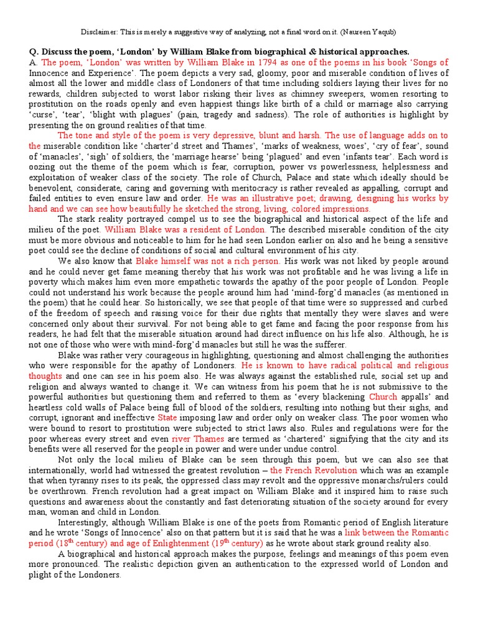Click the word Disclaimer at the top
click(100, 32)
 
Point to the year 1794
click(240, 62)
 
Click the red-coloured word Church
click(382, 397)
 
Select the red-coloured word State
click(167, 417)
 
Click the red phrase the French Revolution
click(313, 470)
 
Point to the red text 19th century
click(237, 543)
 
